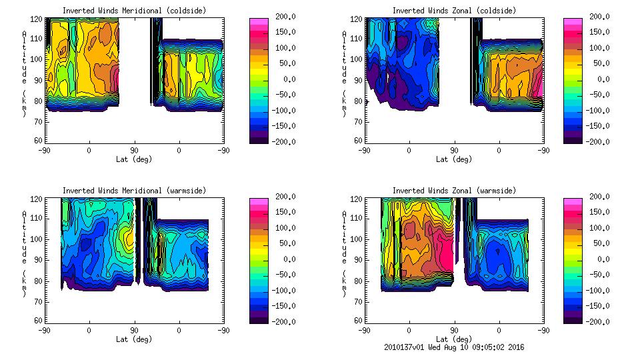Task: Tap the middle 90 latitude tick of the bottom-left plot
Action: (x=134, y=330)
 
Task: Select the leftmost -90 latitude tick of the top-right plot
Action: (x=364, y=150)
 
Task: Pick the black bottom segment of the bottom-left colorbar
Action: (x=258, y=317)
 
